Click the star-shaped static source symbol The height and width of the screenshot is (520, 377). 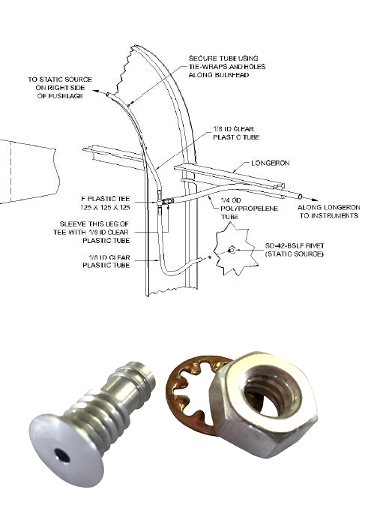click(233, 248)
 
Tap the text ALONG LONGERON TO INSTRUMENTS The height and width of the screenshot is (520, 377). click(328, 211)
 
